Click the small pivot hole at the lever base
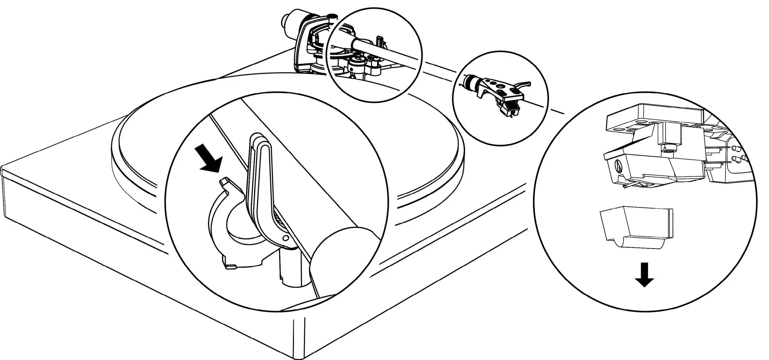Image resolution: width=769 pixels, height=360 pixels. pos(285,238)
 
